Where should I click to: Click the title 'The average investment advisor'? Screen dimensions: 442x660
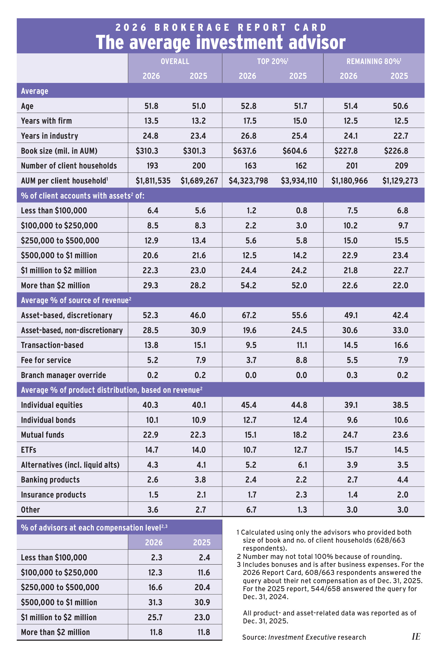click(221, 42)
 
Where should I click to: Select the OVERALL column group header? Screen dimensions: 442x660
click(175, 61)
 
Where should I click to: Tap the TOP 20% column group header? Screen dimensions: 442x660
click(272, 61)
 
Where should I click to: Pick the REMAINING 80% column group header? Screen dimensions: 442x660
click(374, 61)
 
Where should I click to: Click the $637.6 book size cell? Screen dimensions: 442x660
click(245, 151)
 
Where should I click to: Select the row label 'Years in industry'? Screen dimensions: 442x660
click(49, 136)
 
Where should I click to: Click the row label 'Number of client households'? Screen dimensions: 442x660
click(69, 166)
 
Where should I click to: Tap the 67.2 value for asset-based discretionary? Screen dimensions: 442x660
click(249, 315)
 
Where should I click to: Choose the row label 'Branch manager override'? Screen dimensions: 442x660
click(63, 375)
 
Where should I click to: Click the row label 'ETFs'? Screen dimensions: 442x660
click(28, 450)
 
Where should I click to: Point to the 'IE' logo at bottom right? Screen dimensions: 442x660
click(416, 637)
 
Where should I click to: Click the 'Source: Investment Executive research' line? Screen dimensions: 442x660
click(304, 637)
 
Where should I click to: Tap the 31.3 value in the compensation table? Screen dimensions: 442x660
click(155, 602)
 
